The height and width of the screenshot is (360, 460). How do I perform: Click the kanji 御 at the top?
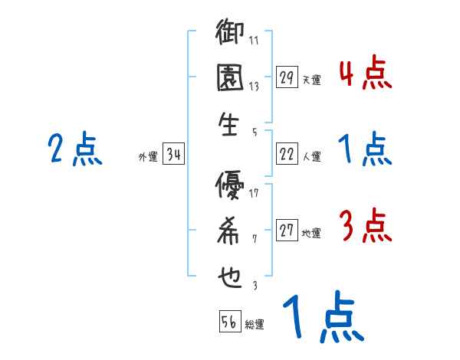point(231,34)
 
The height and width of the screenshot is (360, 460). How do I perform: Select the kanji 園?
point(230,79)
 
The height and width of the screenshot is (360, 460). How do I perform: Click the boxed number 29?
point(287,77)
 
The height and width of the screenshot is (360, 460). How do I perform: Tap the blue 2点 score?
point(74,149)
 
